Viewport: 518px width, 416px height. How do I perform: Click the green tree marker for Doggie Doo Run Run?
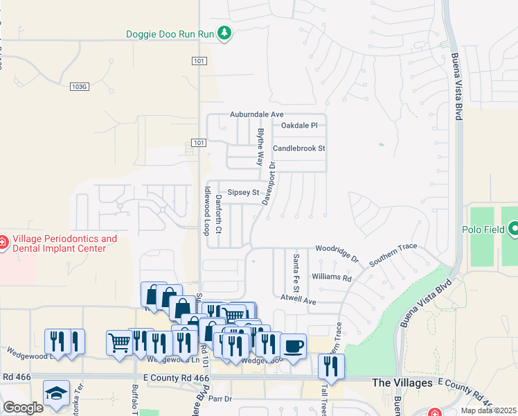(224, 33)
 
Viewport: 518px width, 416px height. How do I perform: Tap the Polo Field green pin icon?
(514, 228)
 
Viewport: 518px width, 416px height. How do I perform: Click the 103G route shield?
(80, 86)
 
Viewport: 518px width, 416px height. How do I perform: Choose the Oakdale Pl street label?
(298, 125)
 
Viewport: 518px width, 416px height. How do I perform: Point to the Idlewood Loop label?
(206, 211)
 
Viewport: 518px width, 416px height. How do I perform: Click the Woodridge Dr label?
(337, 252)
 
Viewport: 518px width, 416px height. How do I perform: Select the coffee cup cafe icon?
(294, 345)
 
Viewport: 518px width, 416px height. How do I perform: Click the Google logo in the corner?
(23, 408)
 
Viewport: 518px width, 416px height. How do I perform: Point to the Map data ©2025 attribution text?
(488, 410)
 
